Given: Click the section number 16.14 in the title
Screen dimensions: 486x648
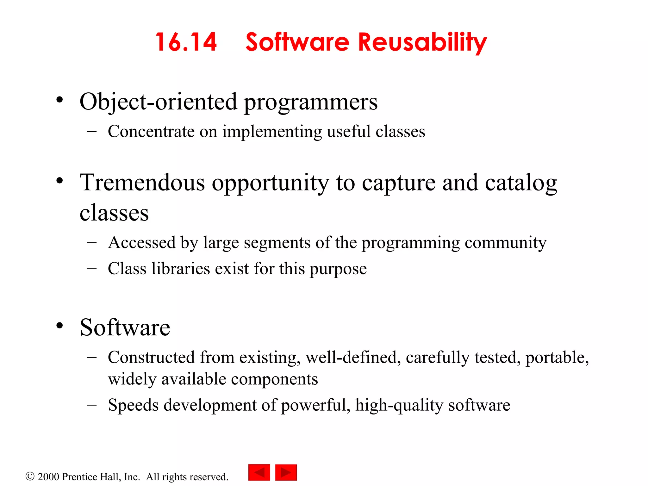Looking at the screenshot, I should coord(186,42).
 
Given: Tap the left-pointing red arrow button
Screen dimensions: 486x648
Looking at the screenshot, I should coord(259,472).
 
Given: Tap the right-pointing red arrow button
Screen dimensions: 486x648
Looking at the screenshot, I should coord(286,472).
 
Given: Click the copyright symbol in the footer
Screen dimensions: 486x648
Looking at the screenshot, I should coord(30,476).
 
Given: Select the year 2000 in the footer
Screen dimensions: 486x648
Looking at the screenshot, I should coord(48,477).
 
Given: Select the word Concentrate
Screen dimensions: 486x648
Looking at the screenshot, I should coord(151,132).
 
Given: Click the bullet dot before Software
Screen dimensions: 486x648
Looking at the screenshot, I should coord(59,326).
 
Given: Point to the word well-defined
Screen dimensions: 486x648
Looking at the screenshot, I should coord(351,358).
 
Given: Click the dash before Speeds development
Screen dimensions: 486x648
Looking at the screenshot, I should coord(92,405).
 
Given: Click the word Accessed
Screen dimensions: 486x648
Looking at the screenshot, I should coord(141,243).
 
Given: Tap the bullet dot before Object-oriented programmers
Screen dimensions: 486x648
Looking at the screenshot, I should coord(59,100).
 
